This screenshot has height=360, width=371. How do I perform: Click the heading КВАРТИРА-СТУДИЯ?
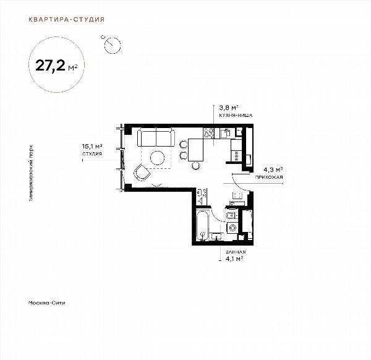67,19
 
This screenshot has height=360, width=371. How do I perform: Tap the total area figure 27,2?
50,66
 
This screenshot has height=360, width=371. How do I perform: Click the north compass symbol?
112,45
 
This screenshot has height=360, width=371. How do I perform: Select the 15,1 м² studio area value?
92,147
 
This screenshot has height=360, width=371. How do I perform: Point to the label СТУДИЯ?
92,154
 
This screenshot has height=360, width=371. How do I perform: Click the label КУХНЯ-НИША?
236,116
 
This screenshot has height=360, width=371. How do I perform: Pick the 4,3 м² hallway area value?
273,169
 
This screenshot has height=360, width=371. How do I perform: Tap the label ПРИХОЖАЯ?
269,177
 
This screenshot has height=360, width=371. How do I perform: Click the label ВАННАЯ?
236,252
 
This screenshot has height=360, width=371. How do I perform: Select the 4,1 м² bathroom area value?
234,259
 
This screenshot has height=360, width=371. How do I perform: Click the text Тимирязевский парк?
31,173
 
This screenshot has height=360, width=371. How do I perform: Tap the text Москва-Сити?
46,302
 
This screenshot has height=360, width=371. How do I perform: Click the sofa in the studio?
156,137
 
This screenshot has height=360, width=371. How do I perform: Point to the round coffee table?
157,158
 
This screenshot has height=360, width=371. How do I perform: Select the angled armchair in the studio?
142,173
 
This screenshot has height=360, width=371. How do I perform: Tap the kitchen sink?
225,133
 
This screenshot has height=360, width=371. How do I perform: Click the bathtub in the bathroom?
203,226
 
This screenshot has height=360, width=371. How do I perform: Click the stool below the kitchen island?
195,166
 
